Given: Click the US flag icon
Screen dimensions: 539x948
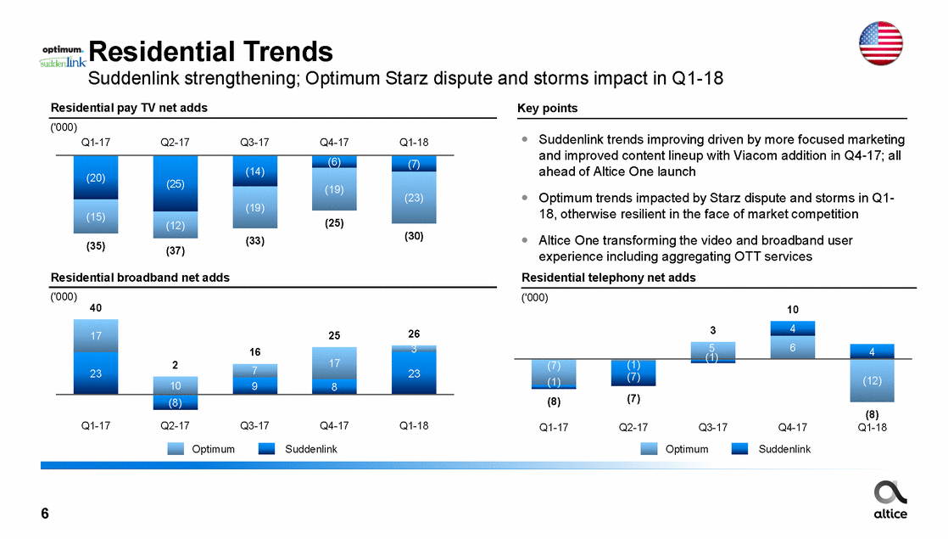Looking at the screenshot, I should pyautogui.click(x=884, y=43).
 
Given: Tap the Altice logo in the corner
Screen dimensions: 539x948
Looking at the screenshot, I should pyautogui.click(x=889, y=499).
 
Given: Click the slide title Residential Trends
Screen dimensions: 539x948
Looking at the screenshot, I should pyautogui.click(x=210, y=52).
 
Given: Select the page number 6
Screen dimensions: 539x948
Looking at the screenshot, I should pyautogui.click(x=45, y=514).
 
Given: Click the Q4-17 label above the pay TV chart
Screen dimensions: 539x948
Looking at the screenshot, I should pyautogui.click(x=333, y=143).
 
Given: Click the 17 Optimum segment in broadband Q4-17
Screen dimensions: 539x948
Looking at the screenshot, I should pyautogui.click(x=334, y=362).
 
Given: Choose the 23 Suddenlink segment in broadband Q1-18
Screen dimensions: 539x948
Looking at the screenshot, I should pyautogui.click(x=414, y=373).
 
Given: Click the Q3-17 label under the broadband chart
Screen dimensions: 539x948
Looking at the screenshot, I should pyautogui.click(x=254, y=426).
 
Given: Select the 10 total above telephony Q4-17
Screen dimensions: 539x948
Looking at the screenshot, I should pyautogui.click(x=792, y=310).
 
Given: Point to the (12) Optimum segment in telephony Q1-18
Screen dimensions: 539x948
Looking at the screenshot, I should pyautogui.click(x=871, y=381).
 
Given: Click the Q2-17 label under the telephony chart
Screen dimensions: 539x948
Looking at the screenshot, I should pyautogui.click(x=633, y=428).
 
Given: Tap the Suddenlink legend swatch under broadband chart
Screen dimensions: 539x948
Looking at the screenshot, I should pyautogui.click(x=270, y=449).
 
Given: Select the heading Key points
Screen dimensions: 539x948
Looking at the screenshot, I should pyautogui.click(x=547, y=109).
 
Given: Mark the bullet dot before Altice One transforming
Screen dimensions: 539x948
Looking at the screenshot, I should pyautogui.click(x=526, y=240).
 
